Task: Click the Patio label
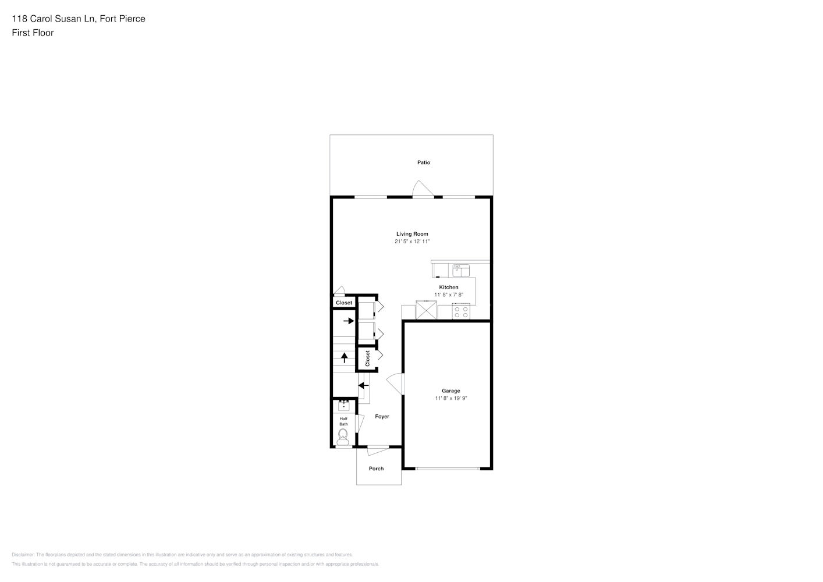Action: pyautogui.click(x=423, y=162)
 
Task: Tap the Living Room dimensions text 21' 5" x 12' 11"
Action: pyautogui.click(x=412, y=242)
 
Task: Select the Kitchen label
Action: pyautogui.click(x=449, y=288)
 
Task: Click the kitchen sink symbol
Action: pyautogui.click(x=461, y=271)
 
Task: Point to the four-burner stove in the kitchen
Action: pyautogui.click(x=461, y=311)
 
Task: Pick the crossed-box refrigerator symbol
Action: pyautogui.click(x=426, y=310)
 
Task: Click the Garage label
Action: pyautogui.click(x=451, y=391)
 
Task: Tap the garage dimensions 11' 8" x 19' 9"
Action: pyautogui.click(x=451, y=398)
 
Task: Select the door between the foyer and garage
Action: pyautogui.click(x=396, y=384)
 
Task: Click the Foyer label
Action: pyautogui.click(x=382, y=416)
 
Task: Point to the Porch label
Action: pyautogui.click(x=376, y=469)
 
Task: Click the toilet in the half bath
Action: pyautogui.click(x=343, y=437)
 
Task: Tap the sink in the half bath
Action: pyautogui.click(x=343, y=406)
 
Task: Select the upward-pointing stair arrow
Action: pyautogui.click(x=344, y=357)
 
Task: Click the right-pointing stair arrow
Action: pyautogui.click(x=349, y=321)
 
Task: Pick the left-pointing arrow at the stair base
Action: pyautogui.click(x=363, y=385)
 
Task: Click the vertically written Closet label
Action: pyautogui.click(x=367, y=359)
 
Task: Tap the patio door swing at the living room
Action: pyautogui.click(x=423, y=189)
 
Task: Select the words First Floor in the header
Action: pyautogui.click(x=33, y=33)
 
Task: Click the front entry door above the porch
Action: pyautogui.click(x=378, y=449)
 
